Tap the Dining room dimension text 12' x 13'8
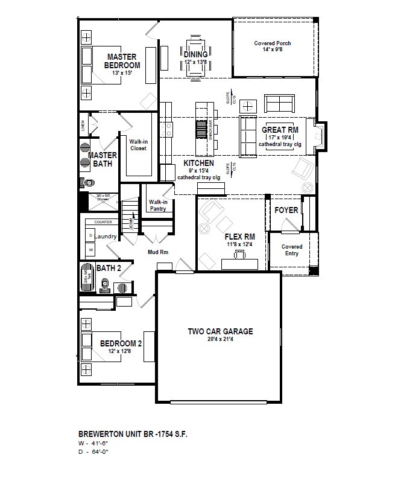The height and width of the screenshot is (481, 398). pyautogui.click(x=195, y=62)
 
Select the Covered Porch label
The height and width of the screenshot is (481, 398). pyautogui.click(x=274, y=43)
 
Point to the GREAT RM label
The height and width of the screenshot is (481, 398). pyautogui.click(x=280, y=130)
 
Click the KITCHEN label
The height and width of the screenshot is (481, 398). pyautogui.click(x=198, y=163)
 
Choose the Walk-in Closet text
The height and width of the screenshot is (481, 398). pyautogui.click(x=138, y=144)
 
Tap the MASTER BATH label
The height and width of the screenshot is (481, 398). pyautogui.click(x=102, y=159)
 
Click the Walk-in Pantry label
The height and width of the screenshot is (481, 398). pyautogui.click(x=157, y=205)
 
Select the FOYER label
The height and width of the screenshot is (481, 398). pyautogui.click(x=286, y=210)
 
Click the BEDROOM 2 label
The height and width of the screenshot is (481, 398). pyautogui.click(x=121, y=343)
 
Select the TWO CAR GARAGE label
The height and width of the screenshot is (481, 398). pyautogui.click(x=220, y=331)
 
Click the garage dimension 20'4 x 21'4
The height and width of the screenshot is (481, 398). pyautogui.click(x=220, y=340)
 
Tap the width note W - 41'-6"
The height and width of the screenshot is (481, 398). pyautogui.click(x=95, y=442)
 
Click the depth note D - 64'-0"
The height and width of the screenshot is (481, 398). pyautogui.click(x=95, y=451)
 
